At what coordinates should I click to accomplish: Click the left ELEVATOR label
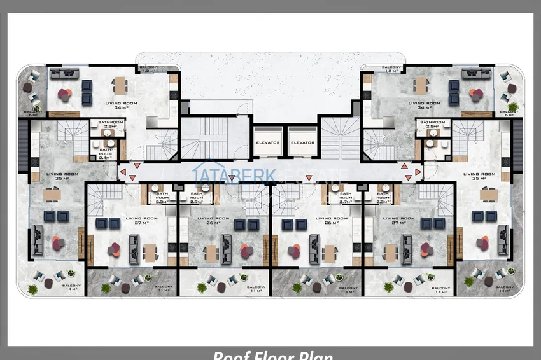coord(268,142)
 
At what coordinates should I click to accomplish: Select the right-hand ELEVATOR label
coord(302,142)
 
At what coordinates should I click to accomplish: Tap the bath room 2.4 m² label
coord(106,153)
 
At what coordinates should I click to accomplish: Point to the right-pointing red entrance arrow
coord(418,171)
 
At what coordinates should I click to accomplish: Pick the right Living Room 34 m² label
coord(425,105)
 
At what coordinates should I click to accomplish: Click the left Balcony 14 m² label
coord(71,288)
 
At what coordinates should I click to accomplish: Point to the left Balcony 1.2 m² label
coord(148,69)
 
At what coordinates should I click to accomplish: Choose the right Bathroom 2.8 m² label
coord(433,124)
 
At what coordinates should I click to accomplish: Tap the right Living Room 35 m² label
coord(479,176)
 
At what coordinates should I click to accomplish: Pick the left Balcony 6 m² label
coord(33,113)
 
